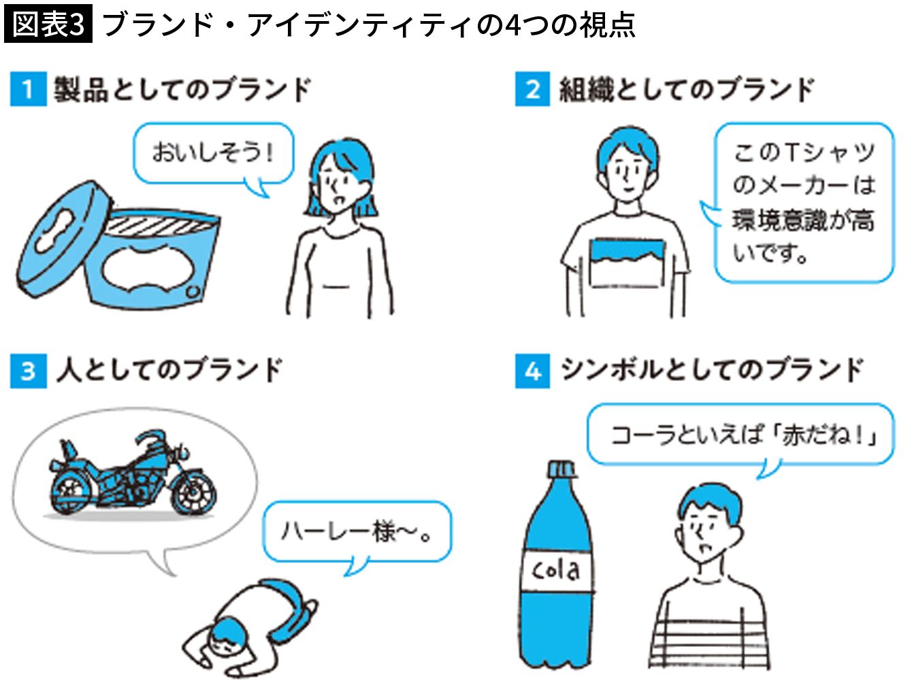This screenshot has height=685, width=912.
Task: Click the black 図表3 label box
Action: (x=48, y=24)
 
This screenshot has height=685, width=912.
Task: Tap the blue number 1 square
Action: (x=29, y=89)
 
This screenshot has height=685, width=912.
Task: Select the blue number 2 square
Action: (x=533, y=89)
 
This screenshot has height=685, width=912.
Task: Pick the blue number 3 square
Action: (x=29, y=371)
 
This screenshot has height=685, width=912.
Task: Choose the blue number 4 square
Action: (x=533, y=371)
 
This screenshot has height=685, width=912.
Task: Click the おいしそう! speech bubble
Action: (x=213, y=154)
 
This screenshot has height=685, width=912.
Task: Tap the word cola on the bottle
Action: (x=556, y=570)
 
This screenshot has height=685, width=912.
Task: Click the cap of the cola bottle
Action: (x=562, y=469)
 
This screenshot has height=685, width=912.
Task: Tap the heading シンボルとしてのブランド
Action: (x=712, y=370)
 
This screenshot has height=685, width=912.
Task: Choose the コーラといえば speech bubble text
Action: (x=744, y=435)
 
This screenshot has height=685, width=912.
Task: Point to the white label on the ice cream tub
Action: (x=148, y=268)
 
